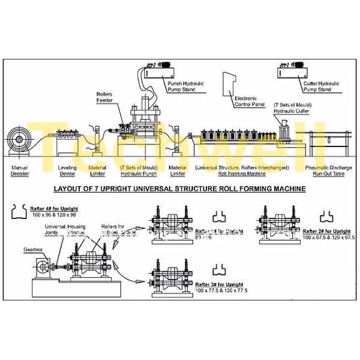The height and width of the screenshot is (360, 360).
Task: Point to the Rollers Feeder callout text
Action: [106, 97]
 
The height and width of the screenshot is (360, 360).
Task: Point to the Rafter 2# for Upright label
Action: [326, 230]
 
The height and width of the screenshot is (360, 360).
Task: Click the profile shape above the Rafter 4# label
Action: [19, 212]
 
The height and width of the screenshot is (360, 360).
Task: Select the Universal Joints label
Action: [58, 230]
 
